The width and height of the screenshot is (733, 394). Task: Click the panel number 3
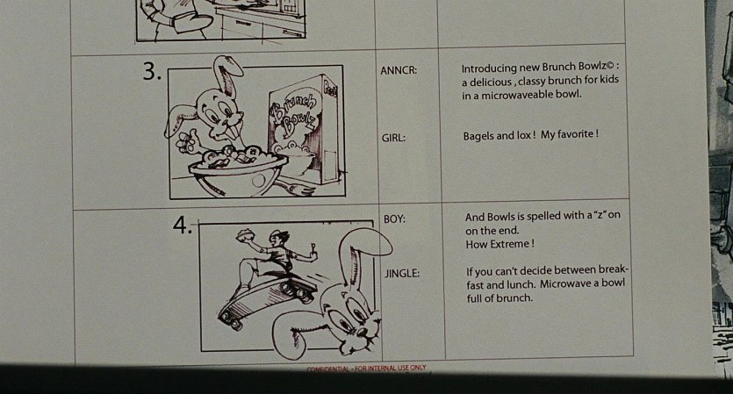click(152, 71)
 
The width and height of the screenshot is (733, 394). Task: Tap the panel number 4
click(182, 225)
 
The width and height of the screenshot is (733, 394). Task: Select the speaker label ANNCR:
click(399, 70)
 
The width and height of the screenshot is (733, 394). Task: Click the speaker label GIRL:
click(393, 138)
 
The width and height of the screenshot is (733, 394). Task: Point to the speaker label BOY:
click(394, 218)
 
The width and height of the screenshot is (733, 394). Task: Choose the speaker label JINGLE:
click(402, 273)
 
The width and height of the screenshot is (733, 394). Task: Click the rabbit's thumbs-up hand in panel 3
click(186, 140)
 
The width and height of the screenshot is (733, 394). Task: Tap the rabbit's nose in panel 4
click(362, 333)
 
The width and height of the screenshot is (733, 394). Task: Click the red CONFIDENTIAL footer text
click(366, 369)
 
